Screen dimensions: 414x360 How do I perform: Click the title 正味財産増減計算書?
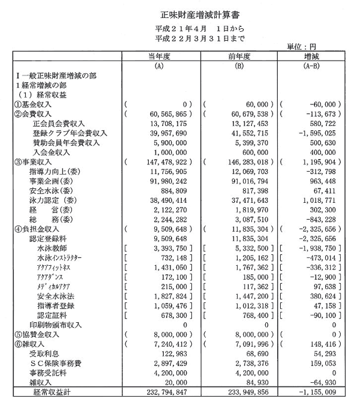(x=179, y=14)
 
